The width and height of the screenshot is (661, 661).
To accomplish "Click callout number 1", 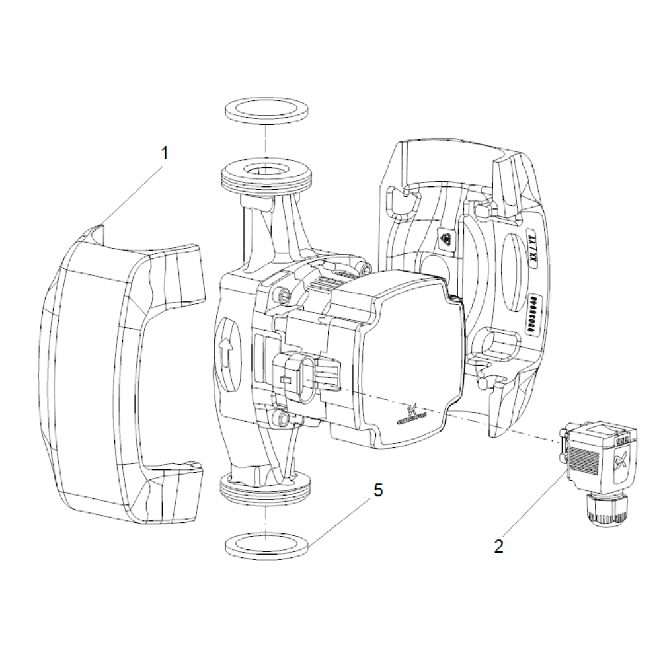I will click(x=165, y=153).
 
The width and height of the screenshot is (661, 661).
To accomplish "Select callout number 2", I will click(x=498, y=546).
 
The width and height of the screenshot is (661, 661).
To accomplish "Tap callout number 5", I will click(x=377, y=490).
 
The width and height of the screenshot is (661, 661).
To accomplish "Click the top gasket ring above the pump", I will click(x=266, y=110).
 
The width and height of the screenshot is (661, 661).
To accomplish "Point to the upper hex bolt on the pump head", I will click(x=285, y=293).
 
